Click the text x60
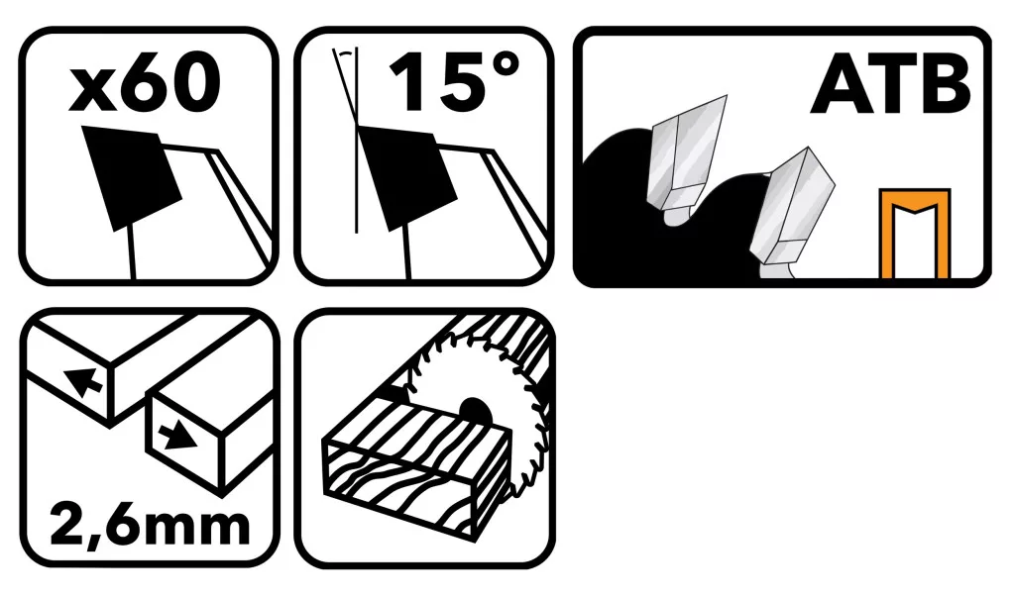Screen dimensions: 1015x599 click(145, 83)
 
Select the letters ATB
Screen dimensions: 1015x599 click(891, 85)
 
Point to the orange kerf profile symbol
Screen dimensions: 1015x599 click(915, 233)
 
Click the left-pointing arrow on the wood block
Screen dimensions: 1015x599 click(83, 380)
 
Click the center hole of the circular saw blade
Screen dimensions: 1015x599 click(474, 411)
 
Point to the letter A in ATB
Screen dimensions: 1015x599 click(840, 85)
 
